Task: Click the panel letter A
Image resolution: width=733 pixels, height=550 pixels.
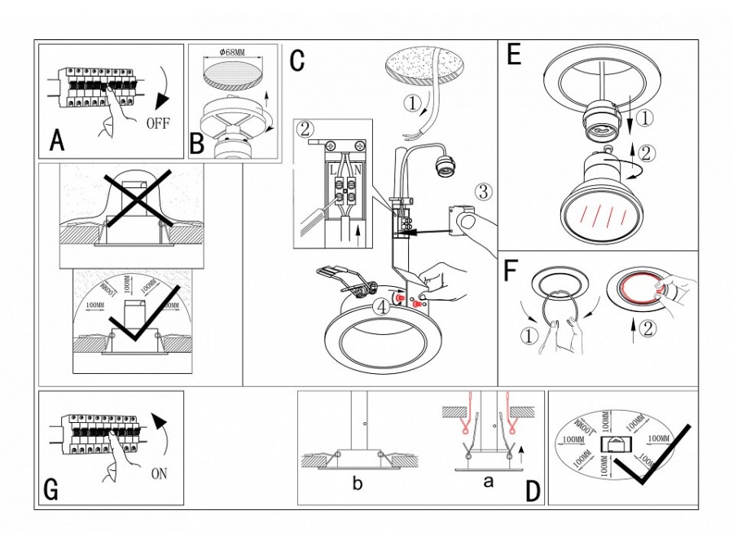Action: (x=56, y=141)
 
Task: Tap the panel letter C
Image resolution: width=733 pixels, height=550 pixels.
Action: (x=296, y=59)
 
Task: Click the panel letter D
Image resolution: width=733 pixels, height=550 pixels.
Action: (x=533, y=491)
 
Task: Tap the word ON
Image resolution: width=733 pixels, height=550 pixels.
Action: (x=160, y=473)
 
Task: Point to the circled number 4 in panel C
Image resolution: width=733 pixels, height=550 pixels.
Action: (x=380, y=307)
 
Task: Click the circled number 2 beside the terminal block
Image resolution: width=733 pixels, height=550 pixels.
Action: (x=305, y=130)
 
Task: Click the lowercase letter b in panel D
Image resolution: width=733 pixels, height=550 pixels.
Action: (x=357, y=482)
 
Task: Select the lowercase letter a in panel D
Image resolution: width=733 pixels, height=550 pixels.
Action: (x=488, y=481)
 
